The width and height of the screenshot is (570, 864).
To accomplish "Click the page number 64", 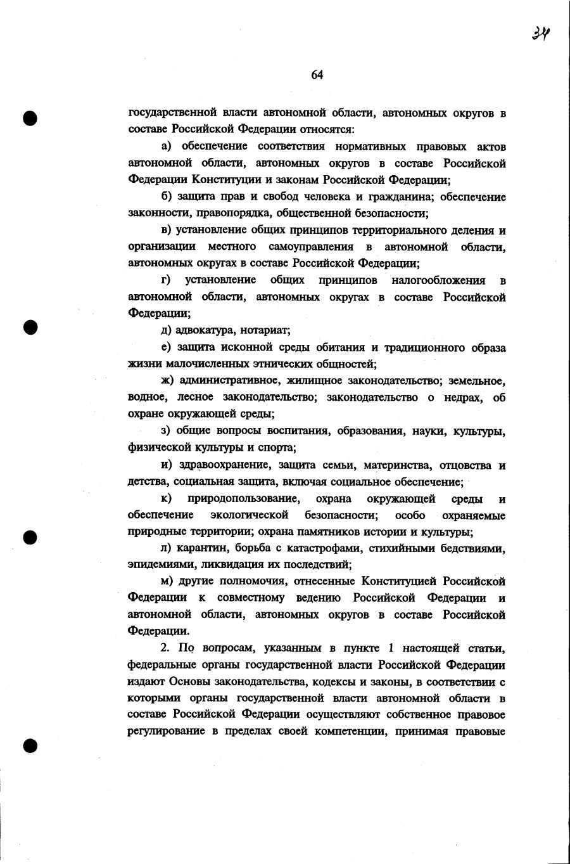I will click(x=317, y=75).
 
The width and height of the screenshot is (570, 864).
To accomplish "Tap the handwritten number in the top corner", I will click(x=540, y=32).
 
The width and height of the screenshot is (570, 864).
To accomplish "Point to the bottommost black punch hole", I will click(x=28, y=745).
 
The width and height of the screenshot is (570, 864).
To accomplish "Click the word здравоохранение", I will click(x=225, y=466).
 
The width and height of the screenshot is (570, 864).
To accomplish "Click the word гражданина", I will click(x=402, y=197).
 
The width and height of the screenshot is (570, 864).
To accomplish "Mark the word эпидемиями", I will click(x=155, y=564).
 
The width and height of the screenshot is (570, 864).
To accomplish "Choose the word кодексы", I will click(x=337, y=681).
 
